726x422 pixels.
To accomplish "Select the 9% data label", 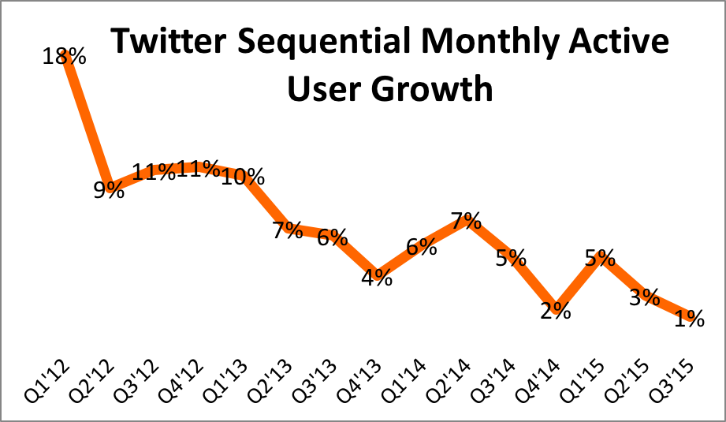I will click(x=109, y=189).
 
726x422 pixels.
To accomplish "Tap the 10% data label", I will click(x=242, y=177).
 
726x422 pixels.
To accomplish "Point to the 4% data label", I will click(x=377, y=278).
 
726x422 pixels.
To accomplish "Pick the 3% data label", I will click(x=644, y=297).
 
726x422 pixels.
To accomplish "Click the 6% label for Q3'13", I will click(x=332, y=237).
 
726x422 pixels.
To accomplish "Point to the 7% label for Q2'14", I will click(x=466, y=221).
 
